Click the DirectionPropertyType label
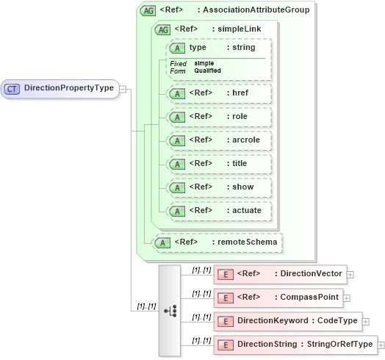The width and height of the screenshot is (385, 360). (69, 88)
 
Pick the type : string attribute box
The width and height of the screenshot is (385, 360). (220, 48)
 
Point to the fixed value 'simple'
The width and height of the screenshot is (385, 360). (204, 64)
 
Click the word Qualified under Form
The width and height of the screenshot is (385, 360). (207, 71)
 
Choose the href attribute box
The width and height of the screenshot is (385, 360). (220, 93)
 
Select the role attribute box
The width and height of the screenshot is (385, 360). (220, 117)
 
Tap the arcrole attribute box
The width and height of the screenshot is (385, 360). (220, 140)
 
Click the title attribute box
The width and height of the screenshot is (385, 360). (220, 163)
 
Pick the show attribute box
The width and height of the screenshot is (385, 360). (220, 187)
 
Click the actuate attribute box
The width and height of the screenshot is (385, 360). (220, 211)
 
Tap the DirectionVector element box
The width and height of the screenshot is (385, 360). (279, 274)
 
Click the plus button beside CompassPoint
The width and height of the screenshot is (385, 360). (346, 298)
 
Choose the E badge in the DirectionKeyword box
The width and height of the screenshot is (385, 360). (227, 321)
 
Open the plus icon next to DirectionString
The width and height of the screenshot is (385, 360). (381, 345)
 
